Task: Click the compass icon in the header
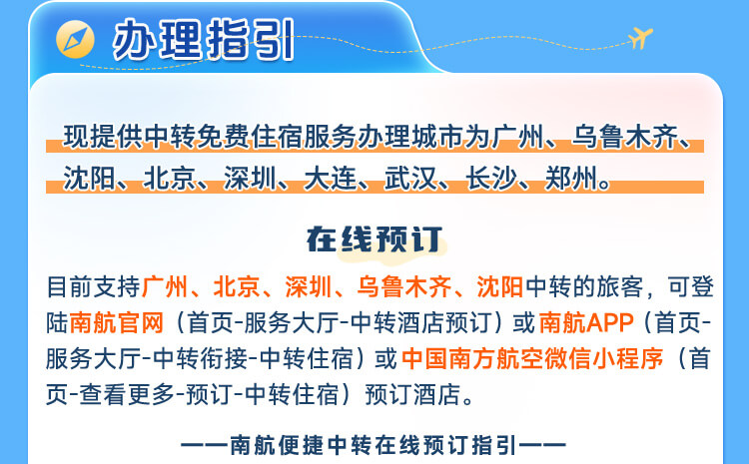coord(75,39)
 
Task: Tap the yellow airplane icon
coord(640,37)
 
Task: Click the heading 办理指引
coord(204,40)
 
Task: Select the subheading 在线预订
coord(374,239)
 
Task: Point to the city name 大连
coord(331,179)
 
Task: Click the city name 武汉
coord(410,179)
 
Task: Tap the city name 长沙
coord(491,179)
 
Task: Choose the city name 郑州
coord(572,179)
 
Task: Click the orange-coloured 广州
coord(165,287)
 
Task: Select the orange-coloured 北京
coord(237,287)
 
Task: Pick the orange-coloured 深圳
coord(309,287)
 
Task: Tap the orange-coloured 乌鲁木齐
coord(404,287)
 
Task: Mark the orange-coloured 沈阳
coord(500,287)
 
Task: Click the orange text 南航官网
coord(117,322)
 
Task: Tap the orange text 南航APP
coord(586,322)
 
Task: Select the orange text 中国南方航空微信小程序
coord(532,358)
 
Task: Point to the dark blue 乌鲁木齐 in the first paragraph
coord(625,137)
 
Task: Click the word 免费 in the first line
coord(224,137)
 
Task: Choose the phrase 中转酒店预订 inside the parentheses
coord(420,322)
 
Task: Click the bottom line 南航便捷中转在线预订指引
coord(374,445)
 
